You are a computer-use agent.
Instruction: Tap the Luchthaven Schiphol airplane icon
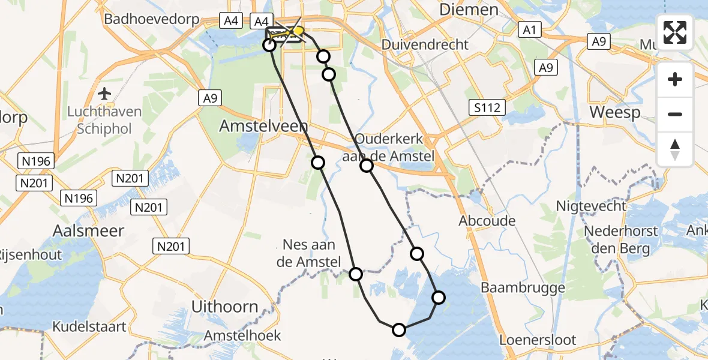pos(105,94)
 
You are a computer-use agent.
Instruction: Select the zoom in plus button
pos(675,79)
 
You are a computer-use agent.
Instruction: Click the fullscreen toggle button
pos(675,32)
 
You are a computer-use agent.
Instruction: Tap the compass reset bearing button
pos(675,149)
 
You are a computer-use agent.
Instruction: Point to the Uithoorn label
pos(224,307)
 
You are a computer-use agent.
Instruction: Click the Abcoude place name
pos(487,221)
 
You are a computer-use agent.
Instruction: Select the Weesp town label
pos(614,112)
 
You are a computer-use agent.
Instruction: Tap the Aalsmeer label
pos(88,231)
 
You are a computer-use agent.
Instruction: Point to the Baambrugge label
pos(523,288)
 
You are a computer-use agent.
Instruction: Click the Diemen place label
pos(469,10)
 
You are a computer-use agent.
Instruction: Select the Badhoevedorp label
pos(151,19)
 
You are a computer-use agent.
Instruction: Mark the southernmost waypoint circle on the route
pos(399,329)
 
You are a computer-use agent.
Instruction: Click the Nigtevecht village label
pos(590,206)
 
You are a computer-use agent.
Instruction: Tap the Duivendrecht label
pos(425,44)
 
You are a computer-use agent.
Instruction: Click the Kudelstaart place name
pos(89,327)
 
